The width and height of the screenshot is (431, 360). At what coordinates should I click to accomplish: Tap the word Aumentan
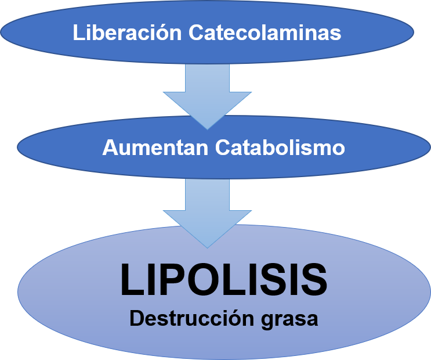pos(155,147)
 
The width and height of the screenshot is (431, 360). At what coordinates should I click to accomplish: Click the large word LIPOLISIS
pos(223,280)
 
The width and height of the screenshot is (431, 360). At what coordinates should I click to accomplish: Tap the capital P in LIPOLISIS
pos(166,280)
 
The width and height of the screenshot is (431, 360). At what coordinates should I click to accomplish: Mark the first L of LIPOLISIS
pos(130,280)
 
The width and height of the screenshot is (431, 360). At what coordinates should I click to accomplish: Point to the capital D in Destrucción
pos(135,319)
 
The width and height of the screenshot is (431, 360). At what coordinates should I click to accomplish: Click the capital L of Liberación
pos(78,33)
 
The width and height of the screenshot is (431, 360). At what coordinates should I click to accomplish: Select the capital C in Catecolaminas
pos(197,33)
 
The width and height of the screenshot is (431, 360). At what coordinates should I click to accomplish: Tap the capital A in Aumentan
pos(109,147)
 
